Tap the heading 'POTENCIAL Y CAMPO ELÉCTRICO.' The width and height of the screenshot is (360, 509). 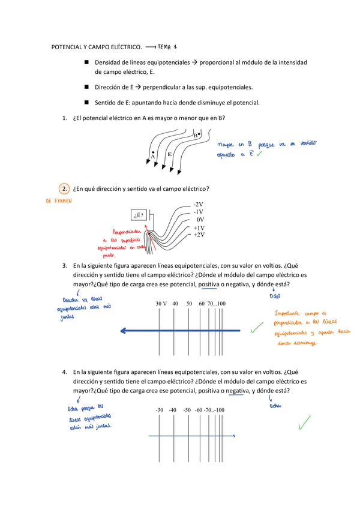point(97,46)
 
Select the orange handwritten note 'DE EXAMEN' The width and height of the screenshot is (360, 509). point(59,202)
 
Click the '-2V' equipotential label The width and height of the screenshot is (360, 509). point(198,205)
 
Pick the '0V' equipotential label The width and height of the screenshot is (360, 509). point(200,220)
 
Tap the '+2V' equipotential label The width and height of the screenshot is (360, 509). point(199,235)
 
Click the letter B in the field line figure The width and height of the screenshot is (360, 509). point(196,136)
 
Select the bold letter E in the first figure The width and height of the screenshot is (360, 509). point(170,154)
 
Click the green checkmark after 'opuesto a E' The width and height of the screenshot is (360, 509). point(259,154)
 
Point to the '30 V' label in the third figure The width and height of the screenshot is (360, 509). point(161,304)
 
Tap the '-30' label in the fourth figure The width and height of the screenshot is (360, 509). point(159,410)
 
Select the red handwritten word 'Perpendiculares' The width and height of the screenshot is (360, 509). point(127,231)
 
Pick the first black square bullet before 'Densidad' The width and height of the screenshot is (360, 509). point(87,62)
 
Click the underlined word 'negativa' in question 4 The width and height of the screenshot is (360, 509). point(238,391)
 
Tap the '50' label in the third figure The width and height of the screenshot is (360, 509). point(189,304)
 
